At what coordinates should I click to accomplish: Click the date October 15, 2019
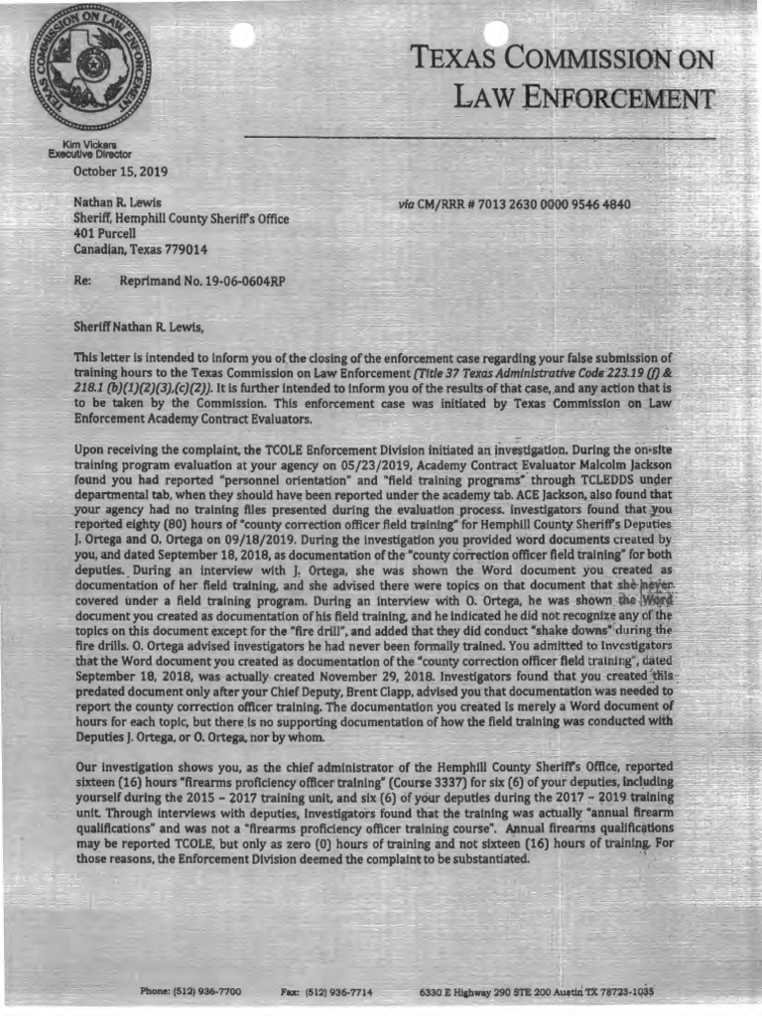[x=120, y=172]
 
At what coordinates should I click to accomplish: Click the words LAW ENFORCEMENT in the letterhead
[x=583, y=98]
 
